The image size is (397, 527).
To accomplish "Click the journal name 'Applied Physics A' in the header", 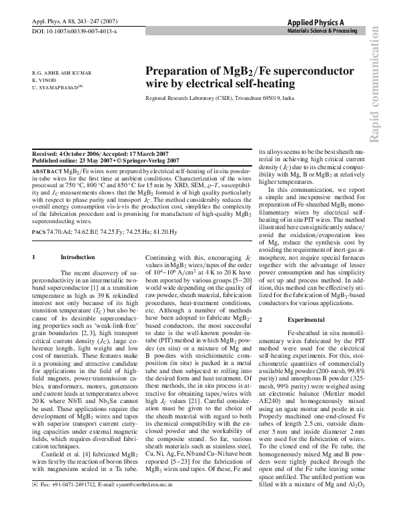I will pyautogui.click(x=325, y=22).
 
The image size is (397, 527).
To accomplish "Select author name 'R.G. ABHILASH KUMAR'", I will pyautogui.click(x=62, y=72).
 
